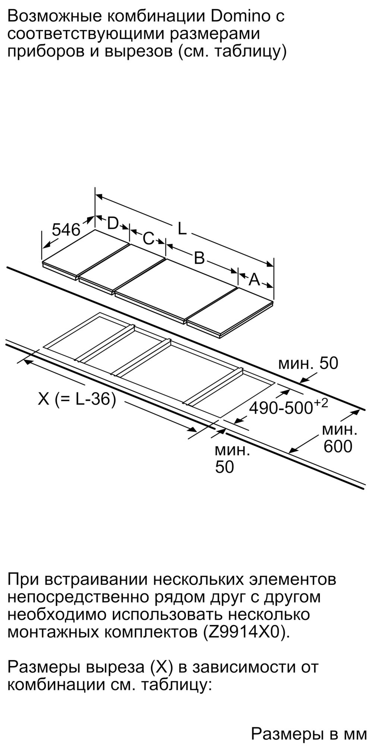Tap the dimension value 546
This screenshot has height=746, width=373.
coord(66,230)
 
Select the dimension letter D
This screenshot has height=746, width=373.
coord(113,223)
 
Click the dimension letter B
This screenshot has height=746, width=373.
coord(200,258)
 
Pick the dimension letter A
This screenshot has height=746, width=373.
coord(254,279)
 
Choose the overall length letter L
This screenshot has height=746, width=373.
coord(182,229)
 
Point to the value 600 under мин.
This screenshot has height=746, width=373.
coord(338,446)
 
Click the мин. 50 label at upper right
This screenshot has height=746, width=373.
coord(308,363)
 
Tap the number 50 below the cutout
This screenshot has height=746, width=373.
coord(224,467)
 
